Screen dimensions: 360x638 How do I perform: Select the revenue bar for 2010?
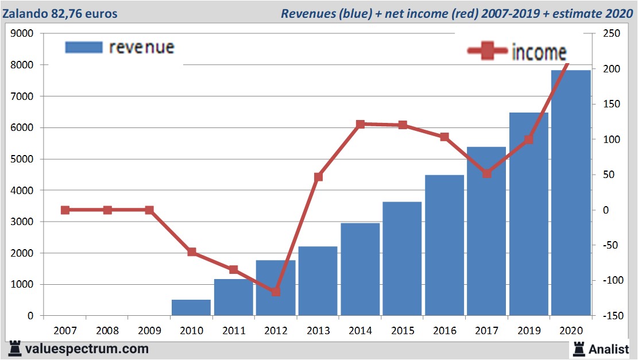tap(191, 307)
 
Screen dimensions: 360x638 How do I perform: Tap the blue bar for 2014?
tap(360, 269)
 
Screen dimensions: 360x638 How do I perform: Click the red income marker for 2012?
tap(276, 292)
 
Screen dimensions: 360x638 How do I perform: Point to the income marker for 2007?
tap(65, 210)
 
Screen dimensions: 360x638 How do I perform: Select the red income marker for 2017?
tap(487, 173)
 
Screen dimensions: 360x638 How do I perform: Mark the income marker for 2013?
tap(318, 177)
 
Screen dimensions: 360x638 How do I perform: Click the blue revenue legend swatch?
tap(84, 47)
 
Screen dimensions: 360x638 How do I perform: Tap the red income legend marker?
tap(488, 52)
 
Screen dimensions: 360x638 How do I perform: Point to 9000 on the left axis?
tap(22, 34)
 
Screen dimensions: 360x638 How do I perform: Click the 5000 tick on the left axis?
tap(22, 159)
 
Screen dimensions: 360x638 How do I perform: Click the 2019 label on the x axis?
tap(528, 331)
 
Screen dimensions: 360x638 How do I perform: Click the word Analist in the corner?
tap(609, 349)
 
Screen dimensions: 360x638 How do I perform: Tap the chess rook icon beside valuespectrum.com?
tap(15, 348)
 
